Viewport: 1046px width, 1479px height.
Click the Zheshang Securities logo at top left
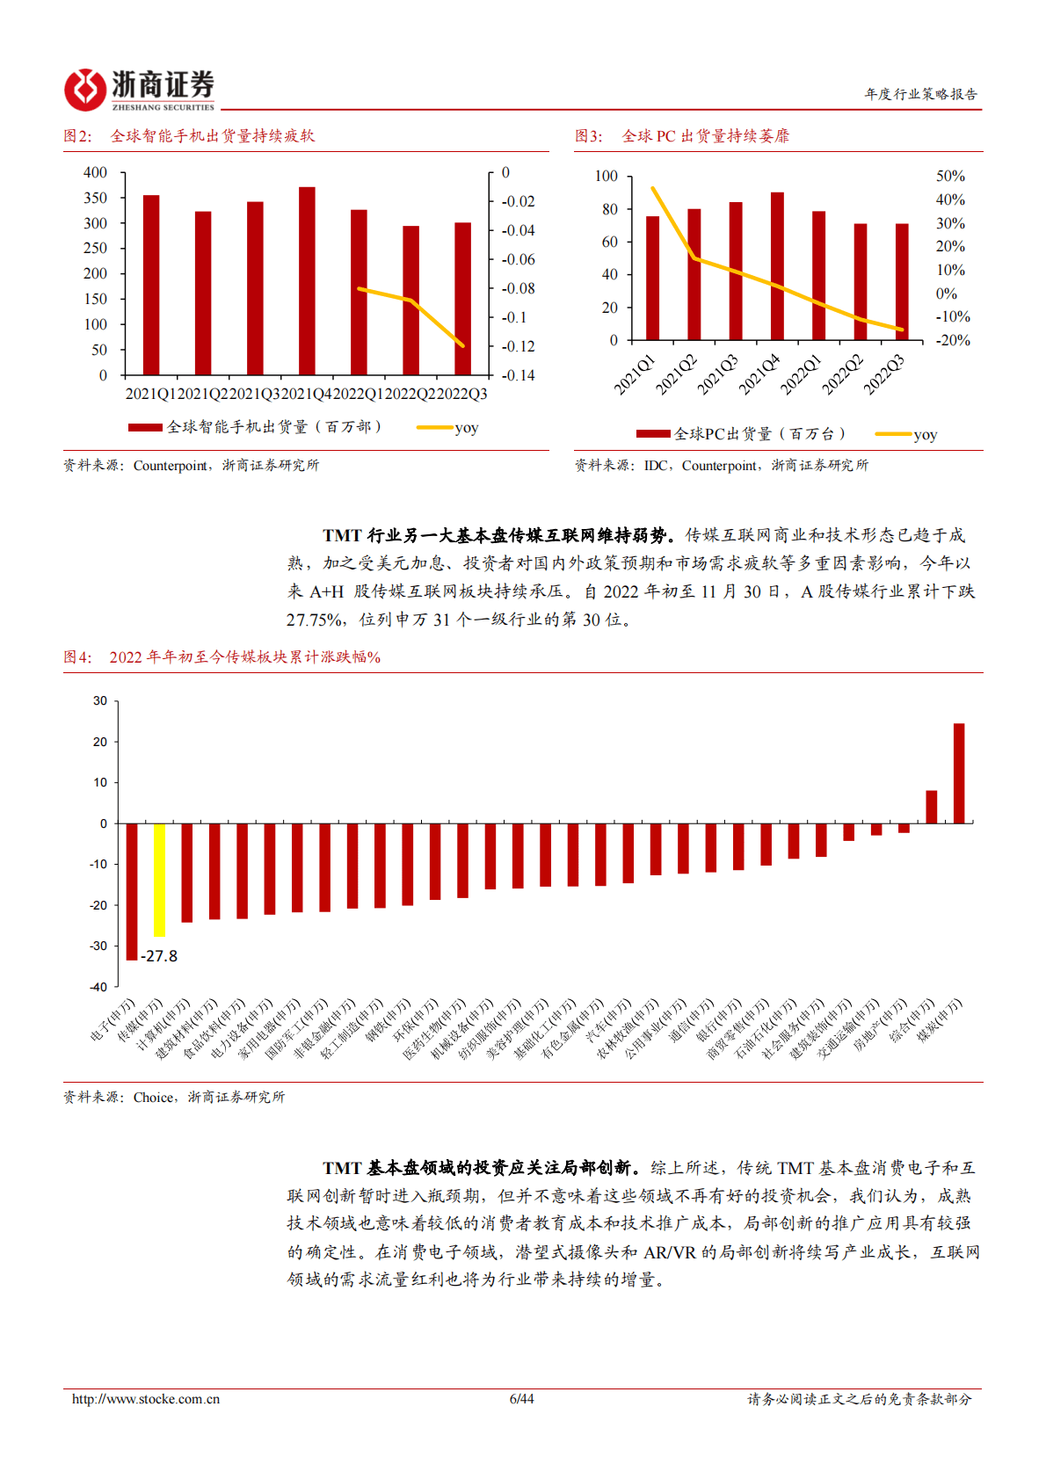pyautogui.click(x=139, y=90)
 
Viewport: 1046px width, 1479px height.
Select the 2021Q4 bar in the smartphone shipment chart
pyautogui.click(x=307, y=281)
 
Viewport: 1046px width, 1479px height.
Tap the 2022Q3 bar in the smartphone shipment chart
pyautogui.click(x=462, y=299)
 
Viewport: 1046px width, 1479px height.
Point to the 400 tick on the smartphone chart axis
pyautogui.click(x=95, y=173)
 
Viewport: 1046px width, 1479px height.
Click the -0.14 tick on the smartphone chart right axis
pyautogui.click(x=518, y=375)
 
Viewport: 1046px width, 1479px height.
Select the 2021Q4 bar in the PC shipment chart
pyautogui.click(x=777, y=266)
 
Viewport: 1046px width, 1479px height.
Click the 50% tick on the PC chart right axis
pyautogui.click(x=950, y=177)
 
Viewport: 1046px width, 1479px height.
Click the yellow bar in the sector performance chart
pyautogui.click(x=159, y=880)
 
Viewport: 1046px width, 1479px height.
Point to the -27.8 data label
pyautogui.click(x=159, y=956)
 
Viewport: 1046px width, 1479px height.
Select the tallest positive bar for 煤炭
pyautogui.click(x=958, y=773)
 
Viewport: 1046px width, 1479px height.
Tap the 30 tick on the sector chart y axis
pyautogui.click(x=100, y=701)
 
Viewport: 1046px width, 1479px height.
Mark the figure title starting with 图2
pyautogui.click(x=189, y=136)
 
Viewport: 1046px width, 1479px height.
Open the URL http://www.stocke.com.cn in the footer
pyautogui.click(x=146, y=1399)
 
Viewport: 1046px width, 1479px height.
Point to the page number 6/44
pyautogui.click(x=521, y=1399)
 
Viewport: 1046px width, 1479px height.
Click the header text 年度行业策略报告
pyautogui.click(x=920, y=94)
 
